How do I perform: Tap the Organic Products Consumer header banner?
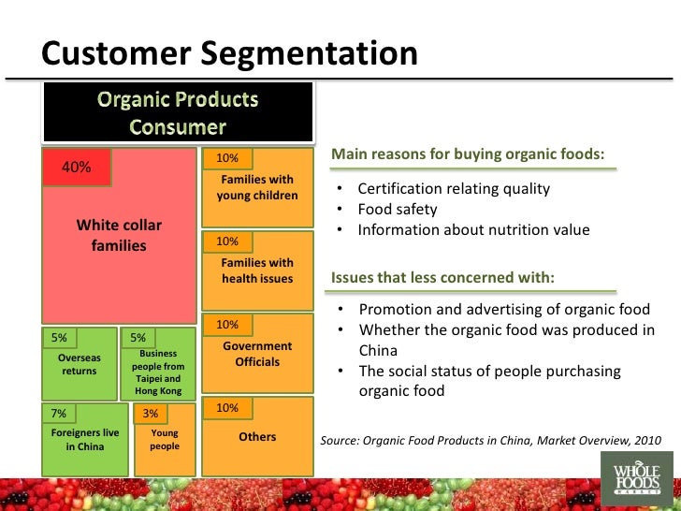click(x=177, y=112)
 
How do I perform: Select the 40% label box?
click(x=77, y=167)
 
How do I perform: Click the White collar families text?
click(x=119, y=236)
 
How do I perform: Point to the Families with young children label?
click(x=257, y=187)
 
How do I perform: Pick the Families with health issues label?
click(x=257, y=270)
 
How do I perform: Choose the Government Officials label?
click(x=257, y=354)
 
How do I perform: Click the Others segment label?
click(x=257, y=437)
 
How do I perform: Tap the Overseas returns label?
click(x=79, y=364)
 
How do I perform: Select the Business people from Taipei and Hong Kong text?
click(x=158, y=372)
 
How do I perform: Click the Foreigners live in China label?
click(x=84, y=440)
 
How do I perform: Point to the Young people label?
click(x=165, y=440)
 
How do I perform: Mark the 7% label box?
click(x=58, y=413)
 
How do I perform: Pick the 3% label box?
click(x=151, y=413)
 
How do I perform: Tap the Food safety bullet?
click(x=398, y=210)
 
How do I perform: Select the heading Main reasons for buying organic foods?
click(x=468, y=153)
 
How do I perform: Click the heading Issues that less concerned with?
click(x=442, y=278)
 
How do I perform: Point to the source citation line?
click(x=490, y=438)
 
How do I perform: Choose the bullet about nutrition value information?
click(x=473, y=230)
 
